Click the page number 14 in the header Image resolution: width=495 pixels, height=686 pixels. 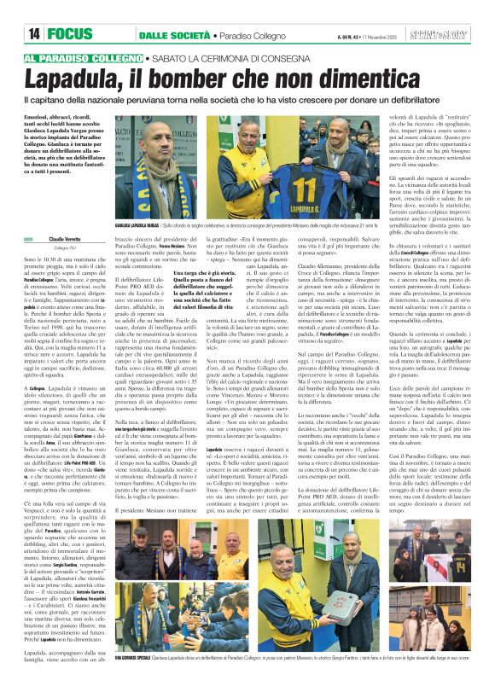coord(35,34)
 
